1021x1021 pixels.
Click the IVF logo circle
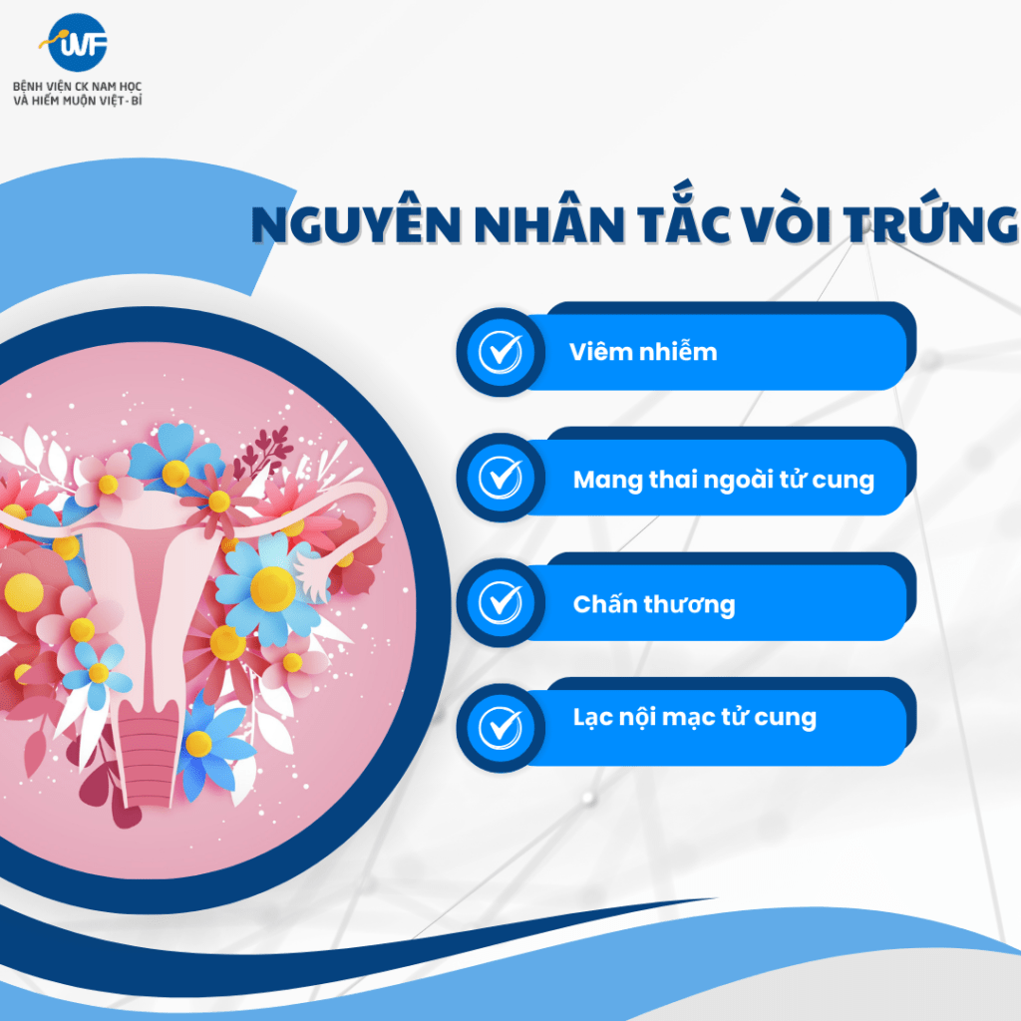[x=77, y=43]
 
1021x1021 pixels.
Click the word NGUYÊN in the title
[x=356, y=223]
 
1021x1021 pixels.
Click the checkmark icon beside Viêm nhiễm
[x=501, y=352]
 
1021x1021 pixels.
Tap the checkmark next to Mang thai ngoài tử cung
[x=501, y=478]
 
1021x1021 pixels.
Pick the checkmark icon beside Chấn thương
[x=501, y=602]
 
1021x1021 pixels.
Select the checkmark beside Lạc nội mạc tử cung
[x=501, y=727]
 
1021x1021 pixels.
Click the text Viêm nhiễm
[x=643, y=352]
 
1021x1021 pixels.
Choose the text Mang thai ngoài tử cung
[x=724, y=480]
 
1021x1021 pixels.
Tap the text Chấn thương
[x=654, y=604]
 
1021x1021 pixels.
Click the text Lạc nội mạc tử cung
[x=694, y=718]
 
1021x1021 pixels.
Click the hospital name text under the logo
[x=78, y=93]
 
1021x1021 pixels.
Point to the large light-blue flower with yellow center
[x=268, y=589]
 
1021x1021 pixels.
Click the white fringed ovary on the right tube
[x=312, y=574]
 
